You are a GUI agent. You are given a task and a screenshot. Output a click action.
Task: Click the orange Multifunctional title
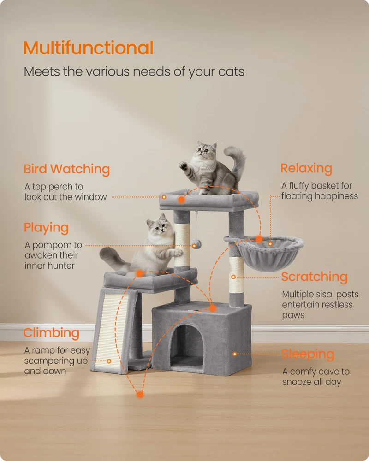tap(88, 48)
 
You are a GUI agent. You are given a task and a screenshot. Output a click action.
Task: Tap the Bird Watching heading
tap(67, 169)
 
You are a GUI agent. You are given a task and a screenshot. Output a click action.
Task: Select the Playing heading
tap(46, 228)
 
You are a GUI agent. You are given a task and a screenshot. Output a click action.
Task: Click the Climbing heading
tap(52, 333)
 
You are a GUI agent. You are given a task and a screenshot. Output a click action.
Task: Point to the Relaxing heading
tap(306, 168)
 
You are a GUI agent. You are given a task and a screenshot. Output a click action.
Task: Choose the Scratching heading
tap(314, 277)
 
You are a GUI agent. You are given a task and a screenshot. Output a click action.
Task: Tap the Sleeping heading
tap(308, 355)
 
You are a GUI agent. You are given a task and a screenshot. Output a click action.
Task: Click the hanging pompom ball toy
tap(196, 244)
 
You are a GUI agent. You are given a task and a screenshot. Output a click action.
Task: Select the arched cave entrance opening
tap(186, 348)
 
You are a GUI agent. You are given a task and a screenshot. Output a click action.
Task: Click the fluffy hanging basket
tap(268, 253)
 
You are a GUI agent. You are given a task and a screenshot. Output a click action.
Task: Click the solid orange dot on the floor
tap(140, 394)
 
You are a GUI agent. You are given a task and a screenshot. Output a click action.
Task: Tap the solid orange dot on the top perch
tap(182, 200)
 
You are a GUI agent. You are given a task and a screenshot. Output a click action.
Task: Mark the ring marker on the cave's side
tap(235, 354)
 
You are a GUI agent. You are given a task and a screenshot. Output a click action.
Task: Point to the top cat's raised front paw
tap(183, 165)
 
